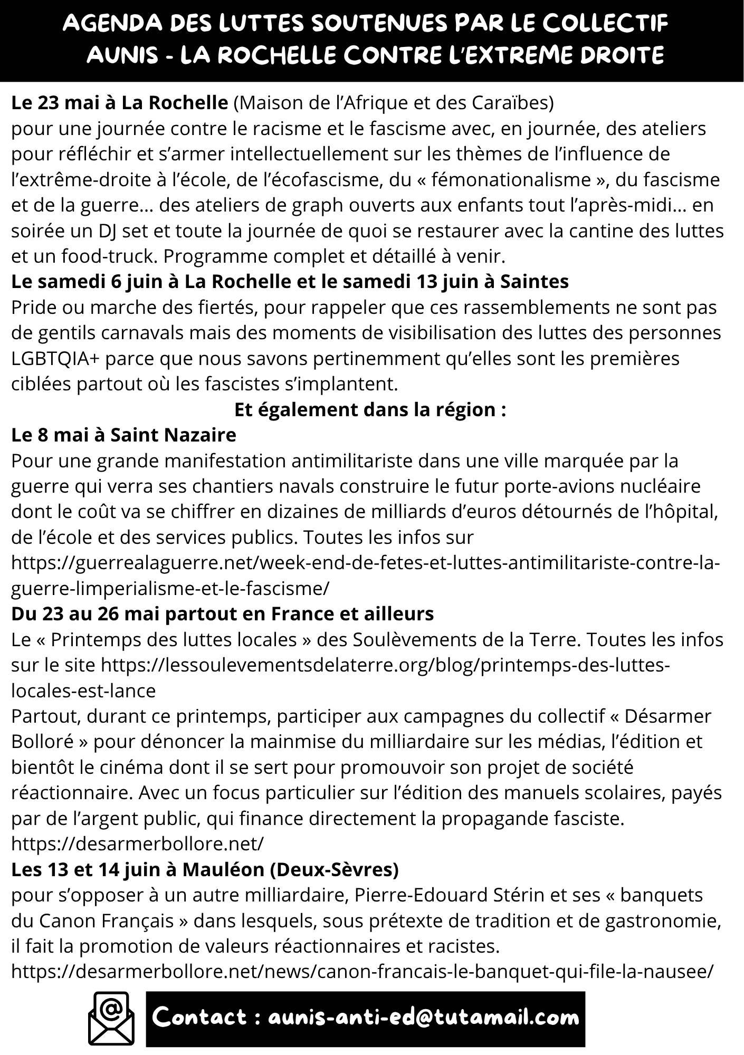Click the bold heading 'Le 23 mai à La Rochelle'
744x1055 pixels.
point(119,103)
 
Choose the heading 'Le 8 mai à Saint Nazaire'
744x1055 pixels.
point(123,435)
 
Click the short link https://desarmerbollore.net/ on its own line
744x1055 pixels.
point(137,844)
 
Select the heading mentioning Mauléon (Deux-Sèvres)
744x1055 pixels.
point(205,869)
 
